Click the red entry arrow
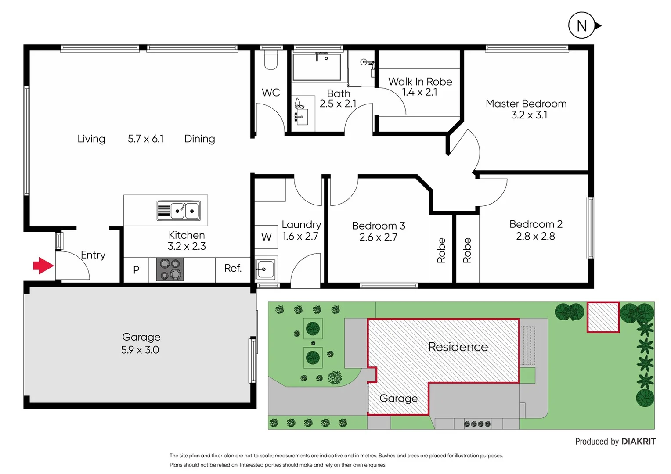click(x=43, y=266)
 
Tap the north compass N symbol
click(x=581, y=26)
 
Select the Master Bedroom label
click(x=526, y=104)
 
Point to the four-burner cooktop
click(x=170, y=269)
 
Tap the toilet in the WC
click(x=271, y=61)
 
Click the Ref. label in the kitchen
click(x=233, y=268)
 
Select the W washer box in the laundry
click(x=266, y=237)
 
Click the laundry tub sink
click(x=265, y=269)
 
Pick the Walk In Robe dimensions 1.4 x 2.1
click(x=419, y=92)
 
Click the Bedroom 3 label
click(x=378, y=226)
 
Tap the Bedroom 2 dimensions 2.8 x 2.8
click(x=535, y=236)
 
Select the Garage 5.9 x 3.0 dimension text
click(x=140, y=350)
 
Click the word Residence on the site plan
click(x=458, y=347)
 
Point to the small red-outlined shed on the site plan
click(x=603, y=316)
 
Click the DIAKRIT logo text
click(x=639, y=442)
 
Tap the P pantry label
click(x=136, y=270)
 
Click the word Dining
click(x=199, y=139)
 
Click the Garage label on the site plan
click(x=398, y=399)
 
